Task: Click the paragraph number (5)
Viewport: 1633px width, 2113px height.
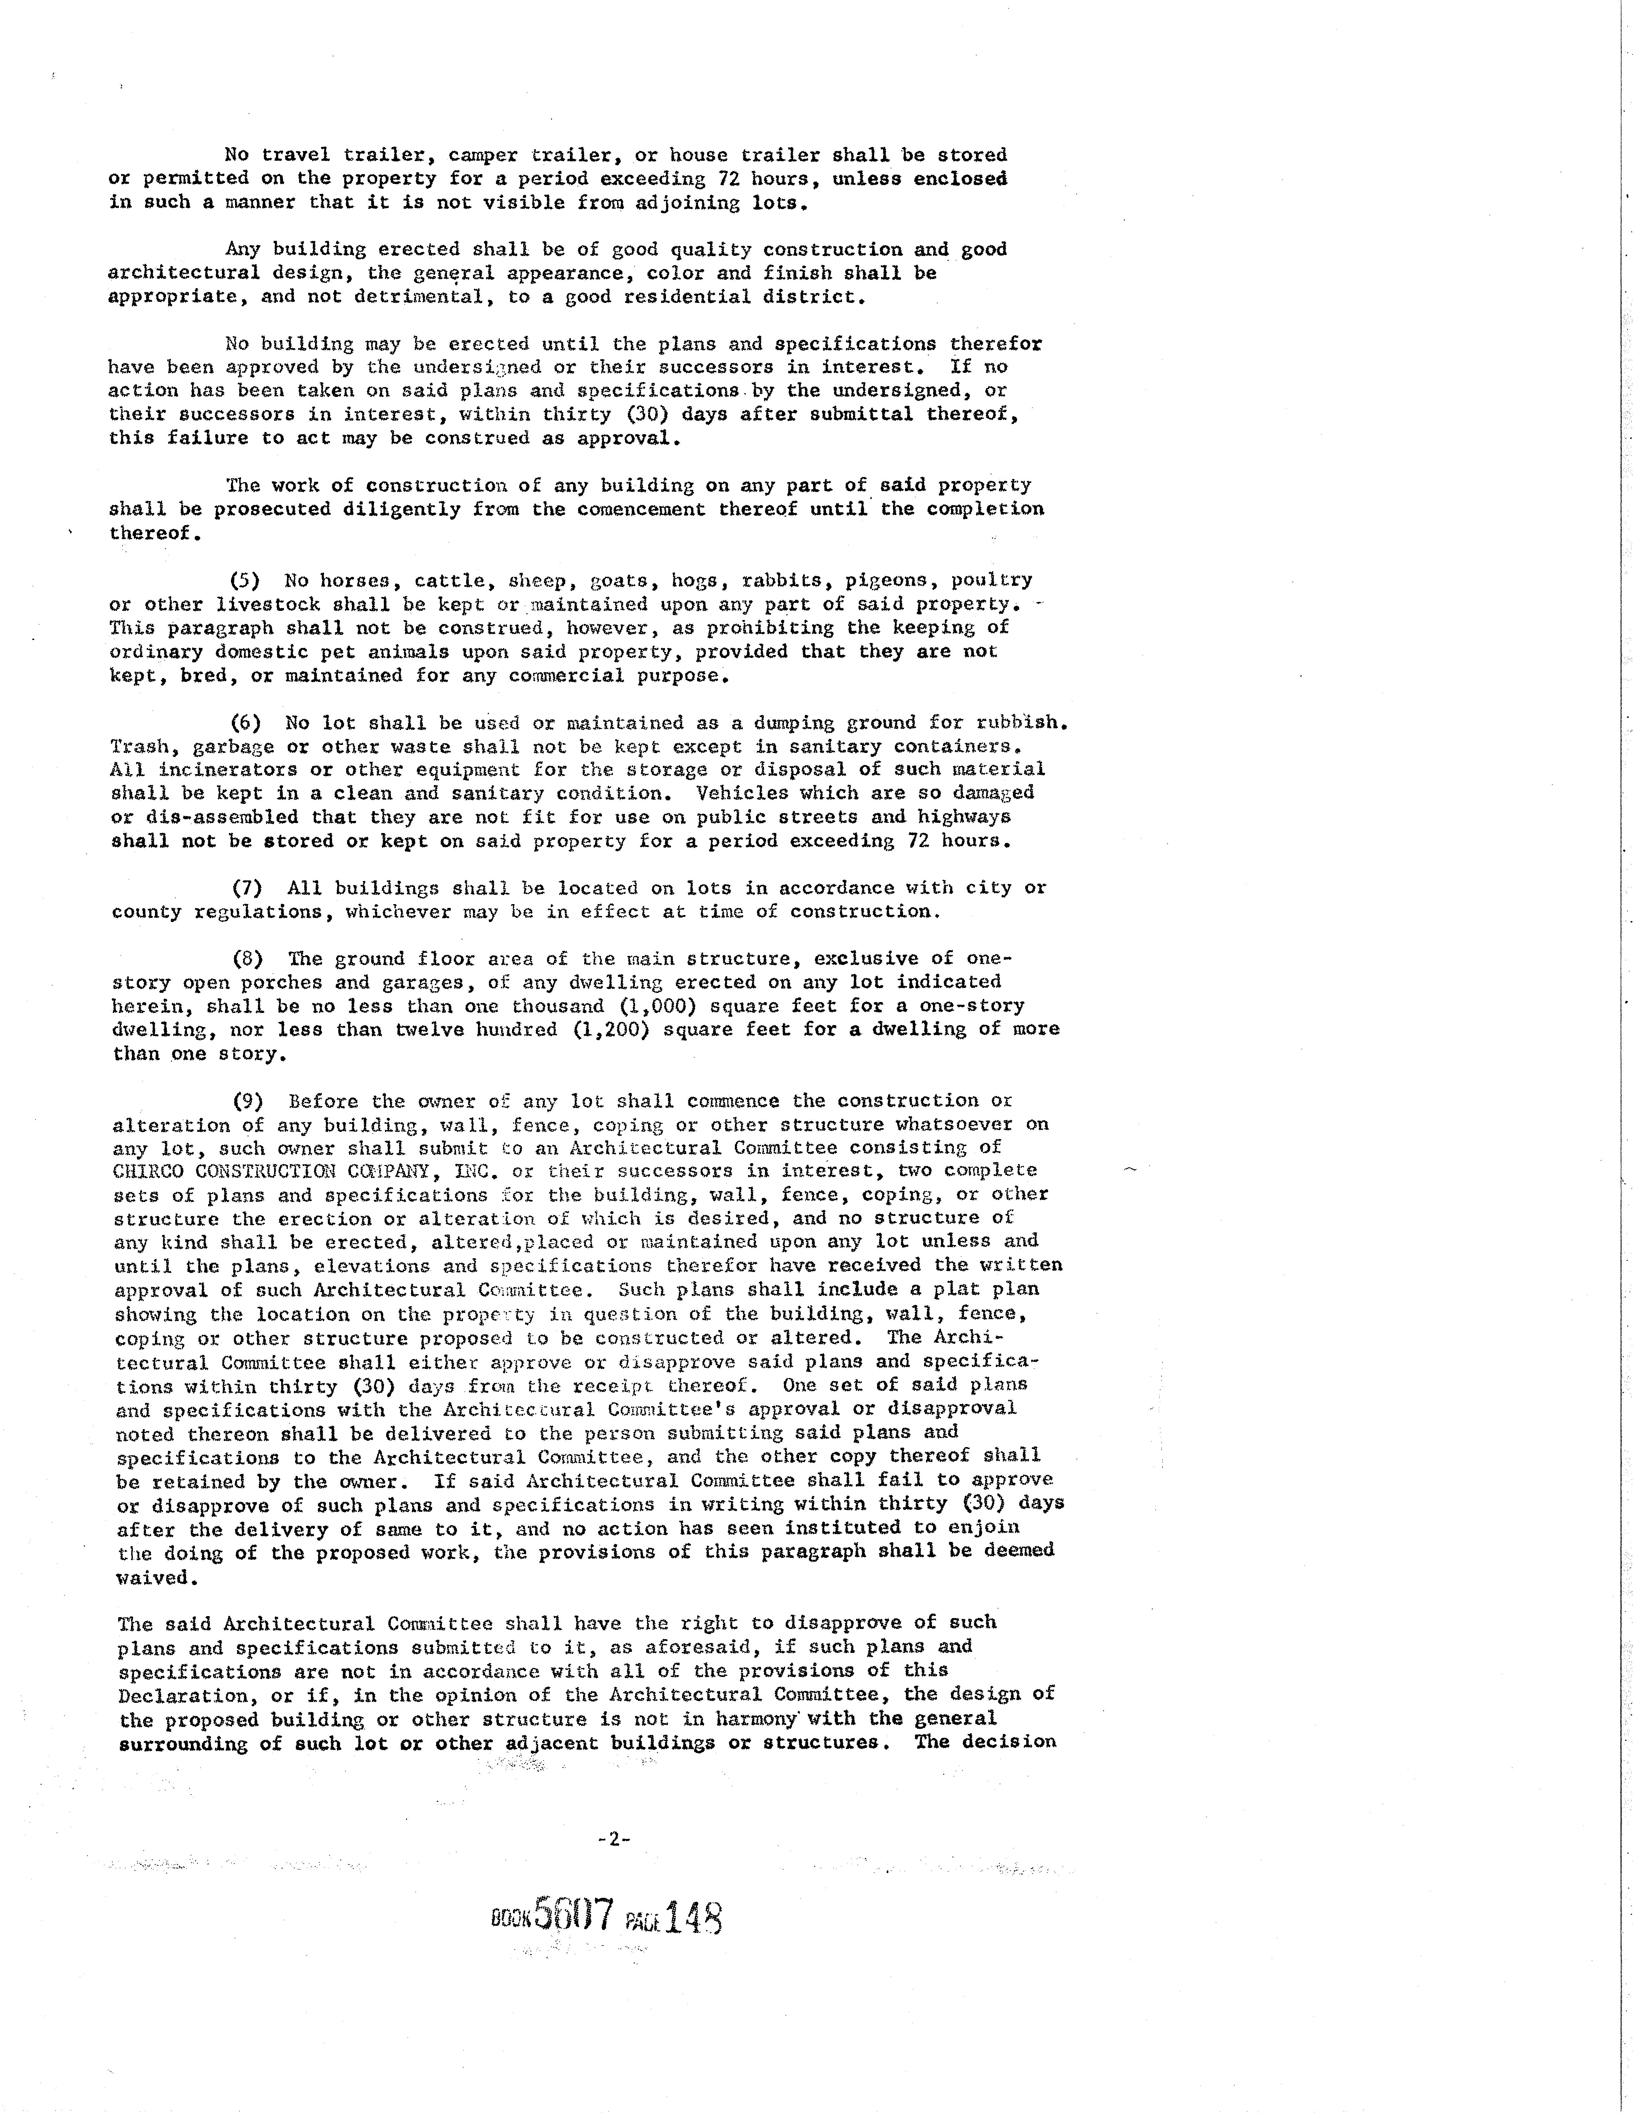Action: pos(246,580)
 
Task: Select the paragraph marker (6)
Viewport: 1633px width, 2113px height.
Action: pos(246,723)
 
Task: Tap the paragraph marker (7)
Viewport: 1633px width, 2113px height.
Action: pos(248,888)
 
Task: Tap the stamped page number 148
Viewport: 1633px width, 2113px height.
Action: pos(694,1916)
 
